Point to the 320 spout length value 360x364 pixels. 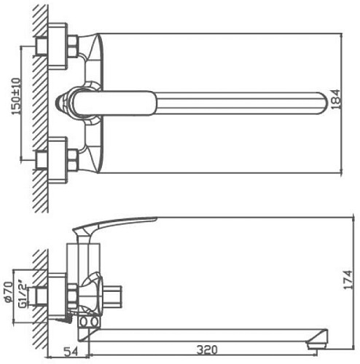206,349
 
